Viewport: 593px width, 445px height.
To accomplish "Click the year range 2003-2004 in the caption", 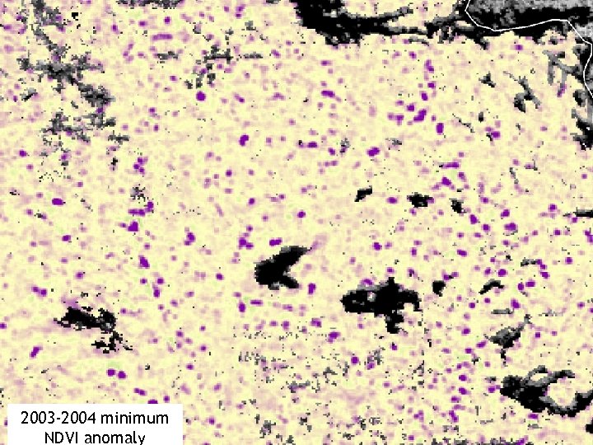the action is tap(58, 419).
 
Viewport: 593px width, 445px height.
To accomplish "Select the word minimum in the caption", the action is tap(139, 419).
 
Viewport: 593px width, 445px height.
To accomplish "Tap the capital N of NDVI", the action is tap(35, 438).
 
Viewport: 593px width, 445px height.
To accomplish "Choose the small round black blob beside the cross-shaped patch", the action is tap(438, 288).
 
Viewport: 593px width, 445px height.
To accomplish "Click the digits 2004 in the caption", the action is tap(80, 419).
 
